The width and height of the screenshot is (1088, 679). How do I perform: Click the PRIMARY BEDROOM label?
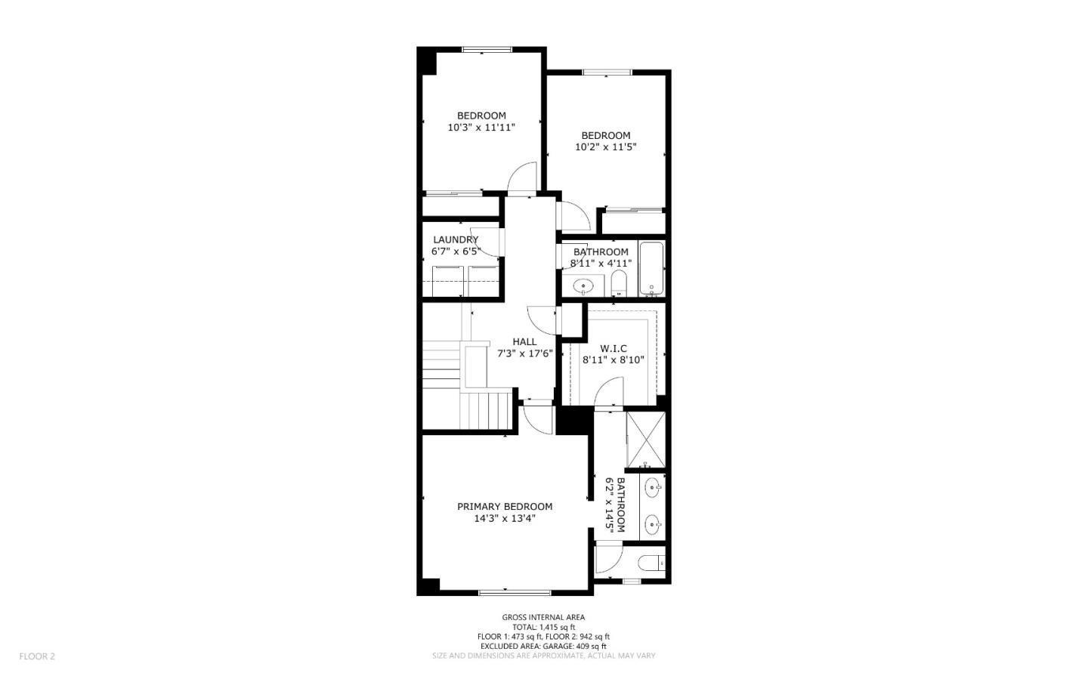pos(504,507)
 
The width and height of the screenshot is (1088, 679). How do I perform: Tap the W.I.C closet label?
pos(613,348)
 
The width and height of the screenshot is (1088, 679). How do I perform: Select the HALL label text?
pos(524,342)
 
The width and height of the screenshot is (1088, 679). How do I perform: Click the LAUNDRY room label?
pos(456,239)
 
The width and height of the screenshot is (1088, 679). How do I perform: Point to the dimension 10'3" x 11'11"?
pos(481,128)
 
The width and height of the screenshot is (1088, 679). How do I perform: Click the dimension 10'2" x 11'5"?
pos(605,147)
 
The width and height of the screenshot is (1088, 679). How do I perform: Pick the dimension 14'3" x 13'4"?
pos(504,519)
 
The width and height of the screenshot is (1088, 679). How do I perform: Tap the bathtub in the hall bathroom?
pos(651,269)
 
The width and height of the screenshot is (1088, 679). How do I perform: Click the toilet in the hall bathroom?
pos(619,285)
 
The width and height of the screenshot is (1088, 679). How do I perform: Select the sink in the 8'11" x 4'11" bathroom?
pos(583,286)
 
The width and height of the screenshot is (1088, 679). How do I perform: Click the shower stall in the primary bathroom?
pos(647,440)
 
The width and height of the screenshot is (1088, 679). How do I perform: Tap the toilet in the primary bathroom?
pos(651,563)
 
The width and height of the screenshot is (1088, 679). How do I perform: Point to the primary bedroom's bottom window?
pos(515,591)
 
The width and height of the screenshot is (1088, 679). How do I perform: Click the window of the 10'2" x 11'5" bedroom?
pos(606,73)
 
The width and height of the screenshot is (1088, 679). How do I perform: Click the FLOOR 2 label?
pos(37,656)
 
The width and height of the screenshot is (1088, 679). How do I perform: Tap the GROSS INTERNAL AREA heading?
pos(543,617)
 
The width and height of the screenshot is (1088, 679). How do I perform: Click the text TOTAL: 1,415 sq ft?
pos(543,627)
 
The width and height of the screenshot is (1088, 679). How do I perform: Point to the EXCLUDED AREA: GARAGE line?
pos(543,647)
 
